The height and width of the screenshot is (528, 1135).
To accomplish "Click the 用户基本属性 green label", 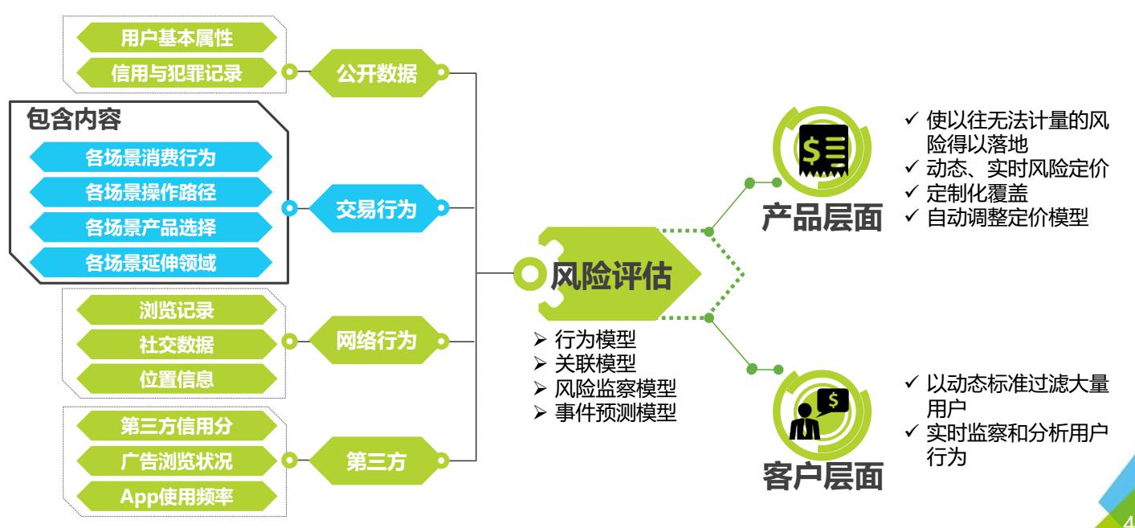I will pos(177,38).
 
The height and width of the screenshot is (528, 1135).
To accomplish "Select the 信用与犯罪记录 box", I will pos(177,73).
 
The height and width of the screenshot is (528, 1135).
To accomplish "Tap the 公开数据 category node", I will pos(376,74).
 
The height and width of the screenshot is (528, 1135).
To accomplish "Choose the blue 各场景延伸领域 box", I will pos(150,262).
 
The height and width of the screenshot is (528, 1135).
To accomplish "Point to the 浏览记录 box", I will pos(177,310).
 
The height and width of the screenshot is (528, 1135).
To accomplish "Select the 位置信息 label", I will pos(177,378).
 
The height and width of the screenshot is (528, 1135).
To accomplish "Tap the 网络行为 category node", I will pos(376,341).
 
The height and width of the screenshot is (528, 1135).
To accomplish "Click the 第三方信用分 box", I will pos(177,427).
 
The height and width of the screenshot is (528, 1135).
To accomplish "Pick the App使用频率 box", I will pos(177,497).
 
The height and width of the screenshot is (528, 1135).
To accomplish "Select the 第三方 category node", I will pos(376,461).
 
